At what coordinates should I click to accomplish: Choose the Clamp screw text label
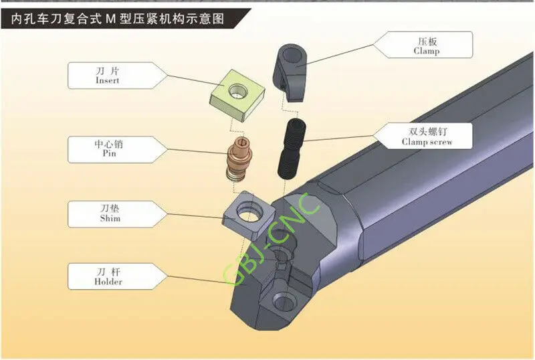tap(427, 142)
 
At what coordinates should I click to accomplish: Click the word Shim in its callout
tap(110, 218)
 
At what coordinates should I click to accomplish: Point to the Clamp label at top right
tap(426, 51)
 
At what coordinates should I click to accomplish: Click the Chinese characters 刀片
tap(107, 70)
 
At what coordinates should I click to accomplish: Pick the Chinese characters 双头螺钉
tap(427, 130)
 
